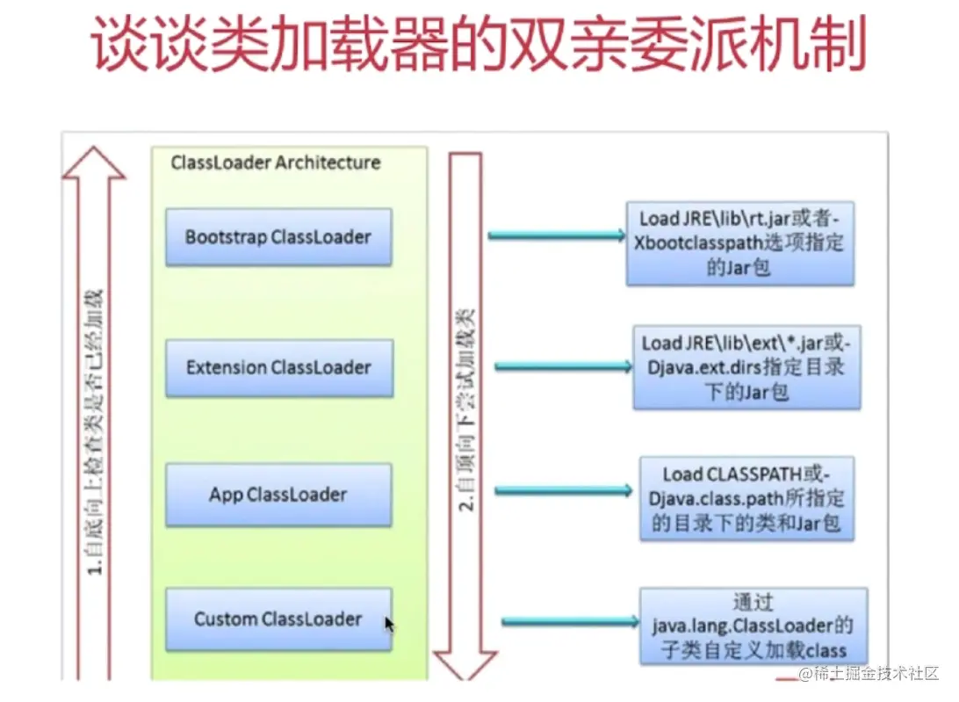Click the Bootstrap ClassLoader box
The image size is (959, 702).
tap(278, 237)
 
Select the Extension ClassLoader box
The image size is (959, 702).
tap(278, 367)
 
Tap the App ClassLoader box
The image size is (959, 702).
tap(278, 495)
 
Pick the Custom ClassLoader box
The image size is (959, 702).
tap(278, 619)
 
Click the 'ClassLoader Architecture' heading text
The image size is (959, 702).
tap(276, 163)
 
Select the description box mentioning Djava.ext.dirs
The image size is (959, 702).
tap(746, 367)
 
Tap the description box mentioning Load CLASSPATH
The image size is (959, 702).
tap(746, 498)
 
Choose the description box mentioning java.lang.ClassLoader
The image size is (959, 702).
tap(753, 626)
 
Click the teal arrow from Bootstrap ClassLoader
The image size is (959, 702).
tap(557, 235)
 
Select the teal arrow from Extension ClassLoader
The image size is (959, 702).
tap(563, 366)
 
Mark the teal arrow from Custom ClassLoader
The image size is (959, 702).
tap(570, 622)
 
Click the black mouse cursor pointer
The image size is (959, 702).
tap(389, 624)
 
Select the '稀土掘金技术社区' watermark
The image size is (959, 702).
tap(869, 674)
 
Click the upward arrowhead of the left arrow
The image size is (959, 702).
tap(93, 163)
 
